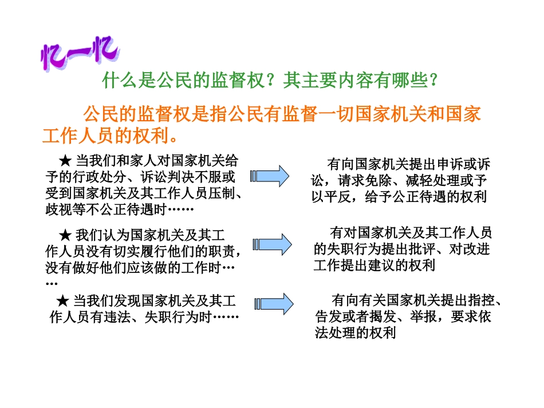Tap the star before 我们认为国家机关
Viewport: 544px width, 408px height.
tap(65, 235)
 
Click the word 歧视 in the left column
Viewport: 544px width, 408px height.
tap(57, 210)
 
